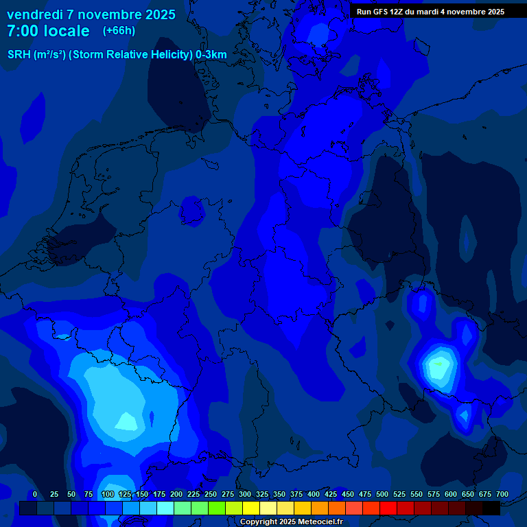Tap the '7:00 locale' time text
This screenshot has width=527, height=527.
48,32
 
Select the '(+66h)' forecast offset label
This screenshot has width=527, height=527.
119,31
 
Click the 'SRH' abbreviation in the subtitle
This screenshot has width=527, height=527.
19,55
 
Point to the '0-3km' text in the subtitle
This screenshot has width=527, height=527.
211,55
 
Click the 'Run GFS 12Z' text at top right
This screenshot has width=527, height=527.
381,11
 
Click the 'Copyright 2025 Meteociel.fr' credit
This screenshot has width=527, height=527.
290,522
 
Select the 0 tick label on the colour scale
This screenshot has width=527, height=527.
35,494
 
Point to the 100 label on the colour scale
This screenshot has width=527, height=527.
108,494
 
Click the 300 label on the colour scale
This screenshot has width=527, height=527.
245,494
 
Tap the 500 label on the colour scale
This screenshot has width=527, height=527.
382,494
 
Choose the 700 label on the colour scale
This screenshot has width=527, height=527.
502,494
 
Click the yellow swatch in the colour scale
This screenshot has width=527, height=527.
251,508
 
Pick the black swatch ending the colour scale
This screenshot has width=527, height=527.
491,508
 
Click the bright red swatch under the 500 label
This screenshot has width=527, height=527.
388,508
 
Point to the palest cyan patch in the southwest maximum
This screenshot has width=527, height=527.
126,420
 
